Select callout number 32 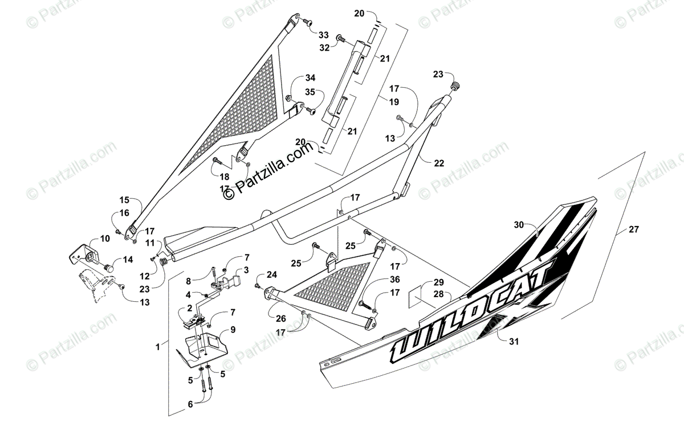[324, 48]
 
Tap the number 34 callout [310, 78]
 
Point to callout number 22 [438, 163]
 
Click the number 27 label [634, 229]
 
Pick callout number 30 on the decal [518, 224]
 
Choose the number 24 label [271, 275]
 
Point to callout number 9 [233, 330]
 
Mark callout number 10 [105, 239]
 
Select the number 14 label [127, 260]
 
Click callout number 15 [125, 200]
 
